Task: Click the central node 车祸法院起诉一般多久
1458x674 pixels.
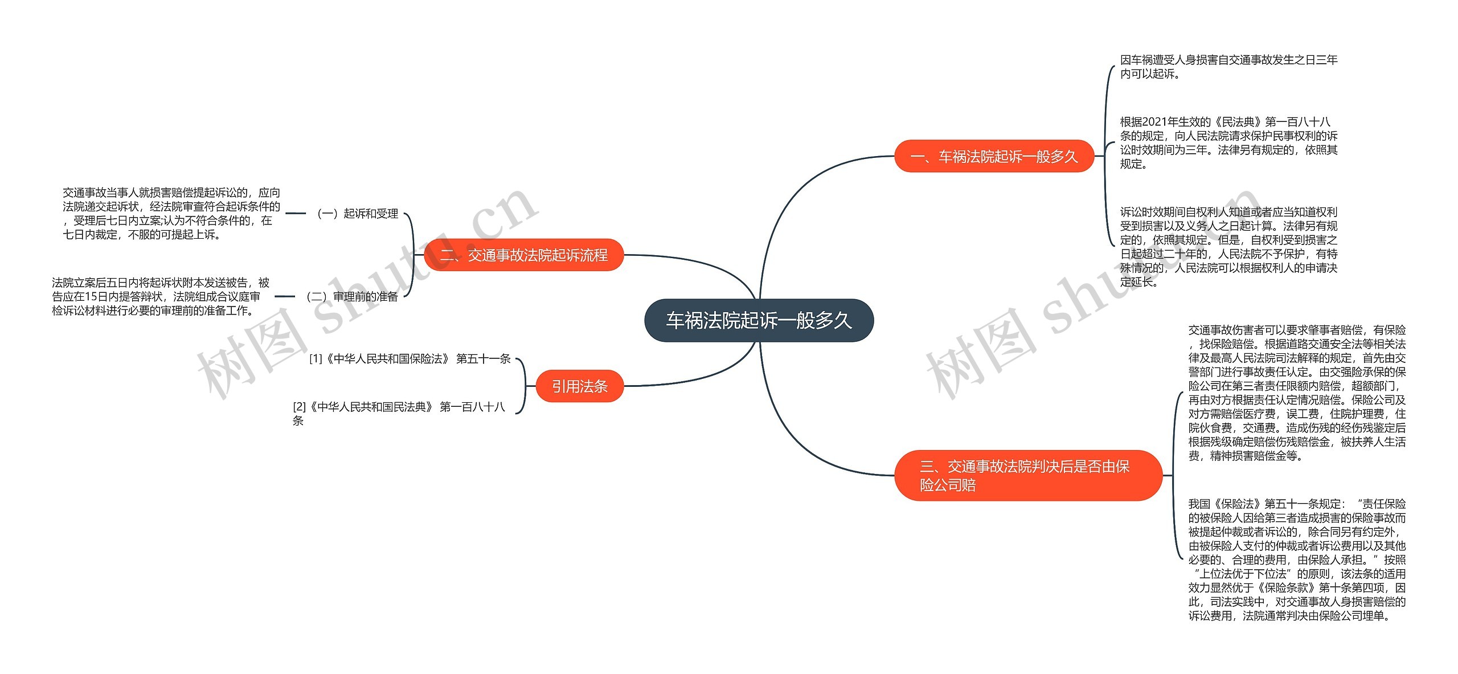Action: (759, 320)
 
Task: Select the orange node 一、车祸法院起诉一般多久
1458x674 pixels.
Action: (994, 156)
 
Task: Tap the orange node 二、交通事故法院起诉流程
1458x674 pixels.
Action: (524, 255)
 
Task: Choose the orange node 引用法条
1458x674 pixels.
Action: (580, 386)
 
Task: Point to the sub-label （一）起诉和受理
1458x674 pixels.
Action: (358, 214)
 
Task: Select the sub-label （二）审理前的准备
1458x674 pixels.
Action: (352, 296)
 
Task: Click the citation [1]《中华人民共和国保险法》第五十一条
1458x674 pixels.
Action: (409, 358)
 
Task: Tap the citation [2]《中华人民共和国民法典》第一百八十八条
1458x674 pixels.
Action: (399, 413)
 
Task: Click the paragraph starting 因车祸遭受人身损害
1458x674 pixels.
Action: (1228, 67)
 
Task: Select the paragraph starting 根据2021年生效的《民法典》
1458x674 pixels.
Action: (1228, 142)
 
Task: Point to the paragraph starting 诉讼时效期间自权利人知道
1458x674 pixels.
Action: (1228, 247)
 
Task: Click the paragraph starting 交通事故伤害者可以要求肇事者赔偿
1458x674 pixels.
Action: (1297, 393)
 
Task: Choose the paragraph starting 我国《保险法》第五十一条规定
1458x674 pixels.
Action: (1297, 559)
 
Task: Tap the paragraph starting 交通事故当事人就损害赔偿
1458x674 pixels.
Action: (171, 214)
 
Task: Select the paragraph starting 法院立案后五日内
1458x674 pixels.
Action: (161, 296)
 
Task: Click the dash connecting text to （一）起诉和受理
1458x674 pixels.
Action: (296, 214)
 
